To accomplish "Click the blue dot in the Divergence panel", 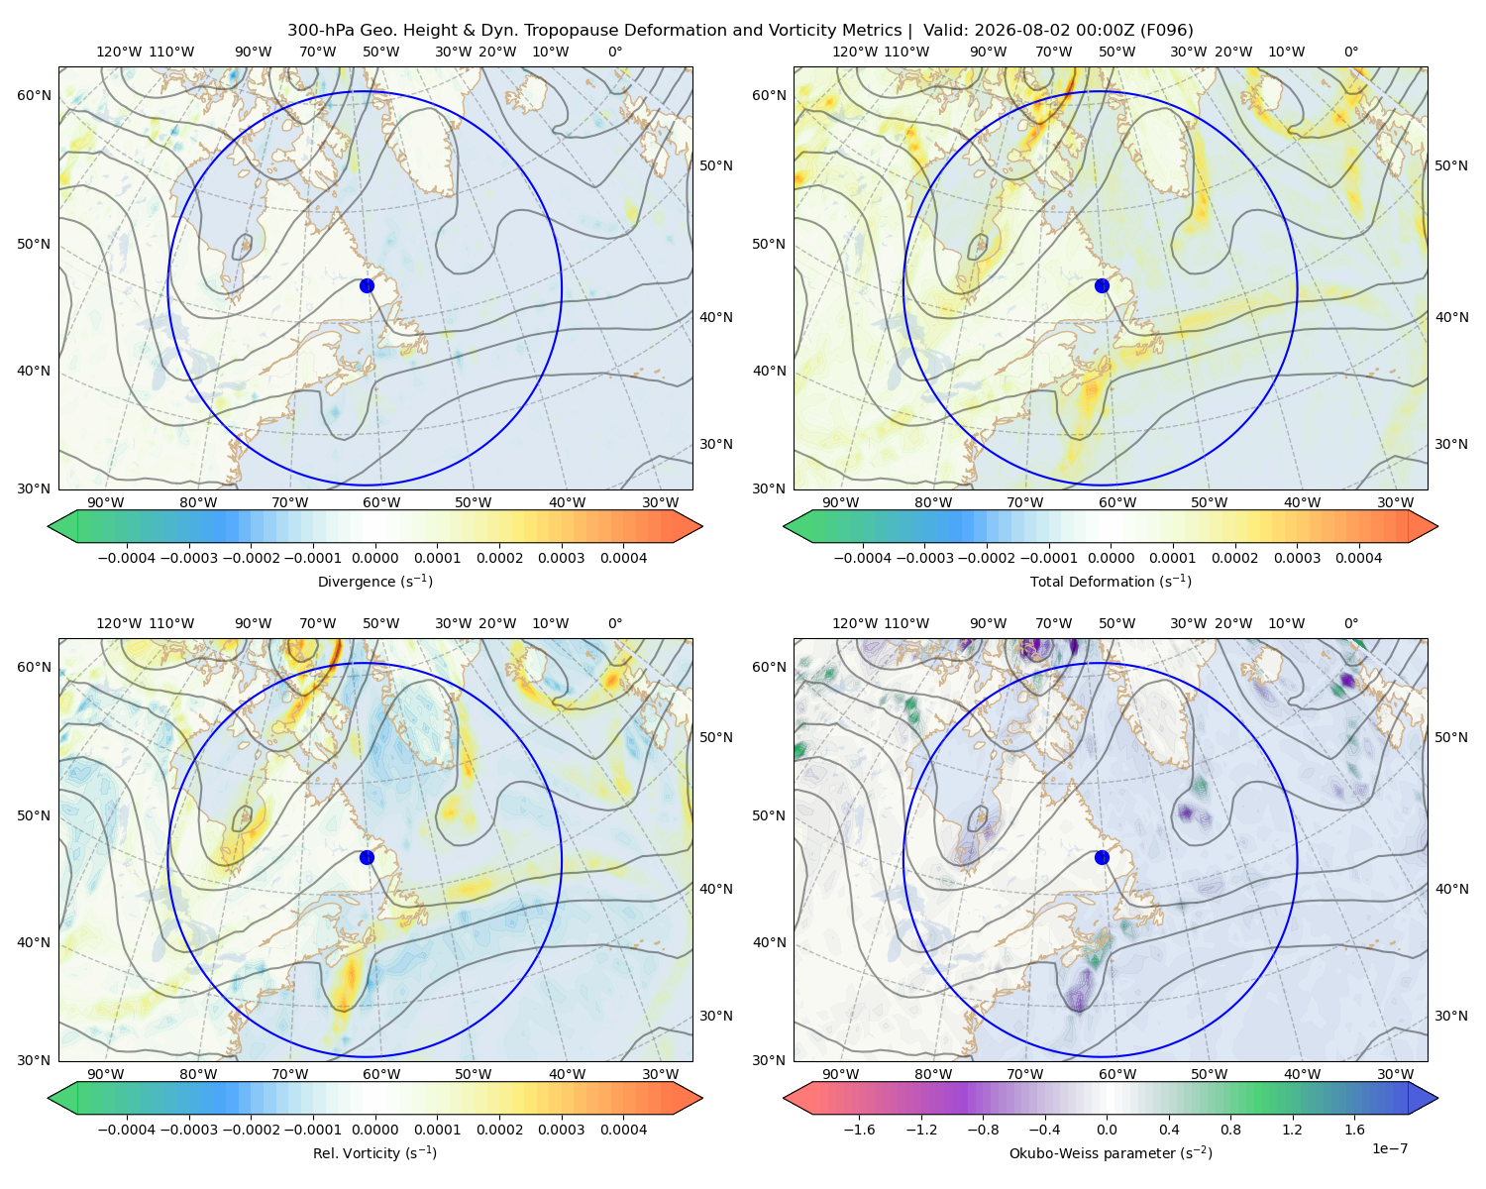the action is click(x=367, y=285).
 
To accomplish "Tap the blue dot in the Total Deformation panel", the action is click(x=1102, y=285).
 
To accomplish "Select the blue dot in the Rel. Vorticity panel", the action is click(x=367, y=857).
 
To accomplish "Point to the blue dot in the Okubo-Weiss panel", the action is click(x=1102, y=857).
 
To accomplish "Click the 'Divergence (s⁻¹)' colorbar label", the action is click(x=374, y=581).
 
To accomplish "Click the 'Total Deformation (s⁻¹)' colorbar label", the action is click(x=1111, y=581).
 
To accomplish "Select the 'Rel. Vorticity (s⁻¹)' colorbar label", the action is click(x=374, y=1153).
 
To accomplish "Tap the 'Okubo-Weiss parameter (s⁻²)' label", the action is click(x=1111, y=1153).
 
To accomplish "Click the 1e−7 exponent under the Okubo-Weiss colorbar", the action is click(x=1389, y=1148).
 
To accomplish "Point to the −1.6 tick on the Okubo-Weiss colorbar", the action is click(x=859, y=1130).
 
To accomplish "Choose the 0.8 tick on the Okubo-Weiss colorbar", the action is click(x=1230, y=1130).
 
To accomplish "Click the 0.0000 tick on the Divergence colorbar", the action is click(x=374, y=558).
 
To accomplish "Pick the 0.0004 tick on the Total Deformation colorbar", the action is click(x=1358, y=558).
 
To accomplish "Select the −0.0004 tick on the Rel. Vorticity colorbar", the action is click(x=127, y=1130).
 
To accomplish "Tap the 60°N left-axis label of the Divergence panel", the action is click(x=34, y=95).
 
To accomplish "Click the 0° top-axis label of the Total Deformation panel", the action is click(x=1350, y=52).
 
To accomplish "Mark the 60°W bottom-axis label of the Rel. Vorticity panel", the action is click(x=381, y=1074).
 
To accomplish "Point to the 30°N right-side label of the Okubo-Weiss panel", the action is click(x=1451, y=1016).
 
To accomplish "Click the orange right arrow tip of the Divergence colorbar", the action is click(x=701, y=526).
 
